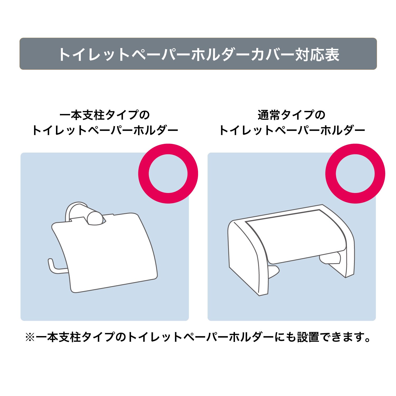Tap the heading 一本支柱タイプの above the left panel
pyautogui.click(x=105, y=115)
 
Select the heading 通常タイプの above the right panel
pyautogui.click(x=291, y=115)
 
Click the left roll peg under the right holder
pyautogui.click(x=273, y=272)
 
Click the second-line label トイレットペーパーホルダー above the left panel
pyautogui.click(x=105, y=130)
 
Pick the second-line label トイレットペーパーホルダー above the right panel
pyautogui.click(x=292, y=130)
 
